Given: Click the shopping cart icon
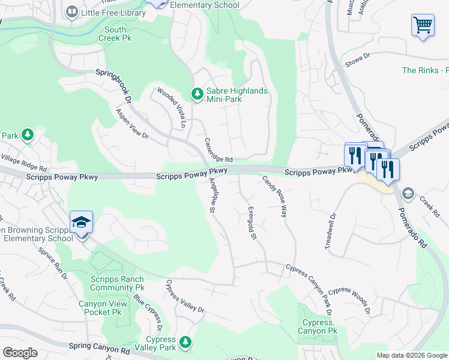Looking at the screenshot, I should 423,26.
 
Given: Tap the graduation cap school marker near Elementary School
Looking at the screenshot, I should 81,223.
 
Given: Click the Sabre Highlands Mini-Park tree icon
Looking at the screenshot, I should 196,94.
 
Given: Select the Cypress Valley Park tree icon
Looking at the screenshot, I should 185,341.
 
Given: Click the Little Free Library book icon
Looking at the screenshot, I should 72,12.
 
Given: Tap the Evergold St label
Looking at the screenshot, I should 252,224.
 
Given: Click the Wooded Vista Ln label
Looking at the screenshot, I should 171,108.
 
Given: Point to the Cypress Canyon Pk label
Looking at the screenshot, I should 317,326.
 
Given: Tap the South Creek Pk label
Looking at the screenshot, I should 115,33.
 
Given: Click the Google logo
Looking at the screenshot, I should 20,353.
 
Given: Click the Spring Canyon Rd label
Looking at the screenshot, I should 99,346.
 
